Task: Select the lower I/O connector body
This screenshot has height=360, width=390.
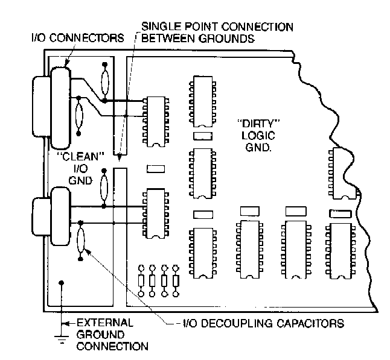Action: click(60, 216)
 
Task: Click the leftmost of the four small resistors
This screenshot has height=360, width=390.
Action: click(142, 280)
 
